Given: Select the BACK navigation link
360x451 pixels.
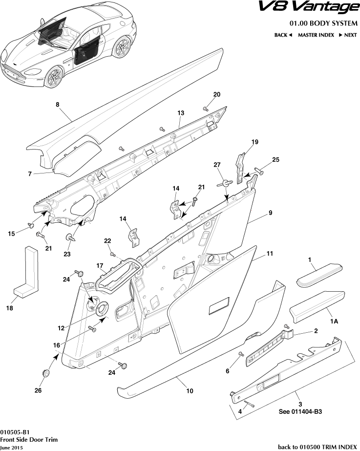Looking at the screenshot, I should point(283,35).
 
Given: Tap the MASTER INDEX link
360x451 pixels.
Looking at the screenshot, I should point(316,35).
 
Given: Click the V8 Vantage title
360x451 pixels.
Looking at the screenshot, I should point(308,7).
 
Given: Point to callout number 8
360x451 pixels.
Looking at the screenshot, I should point(57,104).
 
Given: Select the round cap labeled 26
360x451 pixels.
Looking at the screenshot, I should point(47,373).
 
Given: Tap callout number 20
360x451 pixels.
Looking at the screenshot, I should point(217,94).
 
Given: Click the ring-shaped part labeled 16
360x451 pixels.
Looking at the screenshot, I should point(103,309).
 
